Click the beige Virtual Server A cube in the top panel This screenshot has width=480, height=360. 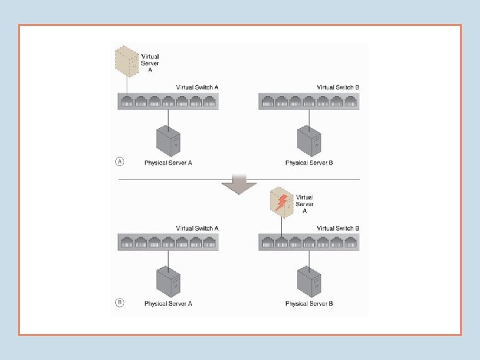click(x=127, y=60)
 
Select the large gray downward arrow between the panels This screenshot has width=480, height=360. click(x=234, y=183)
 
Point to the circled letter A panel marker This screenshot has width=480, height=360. click(x=119, y=161)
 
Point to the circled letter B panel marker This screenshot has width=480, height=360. click(x=119, y=302)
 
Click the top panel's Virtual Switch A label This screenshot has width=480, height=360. click(x=197, y=87)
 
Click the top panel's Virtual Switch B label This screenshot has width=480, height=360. click(x=338, y=87)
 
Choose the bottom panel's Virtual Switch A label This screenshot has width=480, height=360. click(x=197, y=228)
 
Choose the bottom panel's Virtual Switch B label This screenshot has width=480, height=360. click(x=338, y=228)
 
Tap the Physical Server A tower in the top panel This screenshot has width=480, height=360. click(x=168, y=141)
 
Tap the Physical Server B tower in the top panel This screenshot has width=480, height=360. click(x=309, y=141)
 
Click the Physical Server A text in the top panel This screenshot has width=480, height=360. click(x=169, y=163)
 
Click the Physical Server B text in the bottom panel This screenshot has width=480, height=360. click(x=309, y=304)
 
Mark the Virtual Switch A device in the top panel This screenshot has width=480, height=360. click(x=169, y=101)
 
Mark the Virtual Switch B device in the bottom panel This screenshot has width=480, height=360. click(x=309, y=242)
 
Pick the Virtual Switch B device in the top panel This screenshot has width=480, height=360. click(x=309, y=101)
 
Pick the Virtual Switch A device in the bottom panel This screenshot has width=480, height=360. click(x=169, y=242)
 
